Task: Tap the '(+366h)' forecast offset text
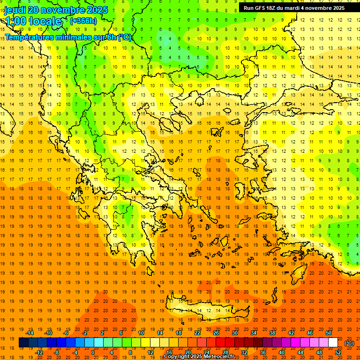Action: coord(83,21)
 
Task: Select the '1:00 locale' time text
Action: coord(33,21)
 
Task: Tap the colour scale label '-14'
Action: coord(30,333)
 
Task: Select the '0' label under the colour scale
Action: coord(93,352)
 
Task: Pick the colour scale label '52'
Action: coord(338,352)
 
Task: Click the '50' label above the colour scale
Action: coord(329,333)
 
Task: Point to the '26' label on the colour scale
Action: coord(216,333)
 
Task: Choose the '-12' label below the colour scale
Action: coord(39,352)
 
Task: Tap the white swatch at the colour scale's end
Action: coord(333,343)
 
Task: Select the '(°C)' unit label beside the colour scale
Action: coord(349,343)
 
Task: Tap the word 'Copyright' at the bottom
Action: coord(177,357)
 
